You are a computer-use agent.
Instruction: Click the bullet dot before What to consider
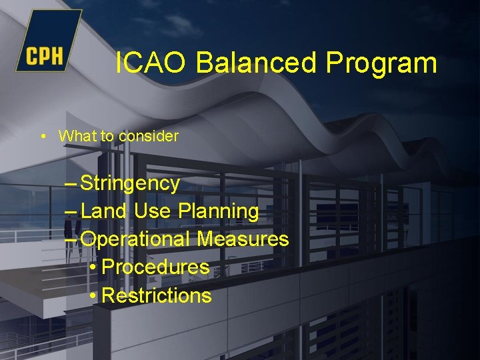[43, 136]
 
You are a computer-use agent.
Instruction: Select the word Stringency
[130, 183]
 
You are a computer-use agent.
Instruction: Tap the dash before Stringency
[72, 183]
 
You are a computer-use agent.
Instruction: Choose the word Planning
[219, 212]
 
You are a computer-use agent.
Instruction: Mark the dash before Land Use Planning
[72, 211]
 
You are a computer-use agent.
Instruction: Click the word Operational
[136, 239]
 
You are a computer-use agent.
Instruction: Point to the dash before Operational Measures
[72, 239]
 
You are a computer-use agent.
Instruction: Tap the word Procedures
[156, 267]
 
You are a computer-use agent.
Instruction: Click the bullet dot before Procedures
[93, 267]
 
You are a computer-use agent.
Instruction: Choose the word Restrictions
[157, 296]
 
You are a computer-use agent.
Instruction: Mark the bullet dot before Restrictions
[93, 296]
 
